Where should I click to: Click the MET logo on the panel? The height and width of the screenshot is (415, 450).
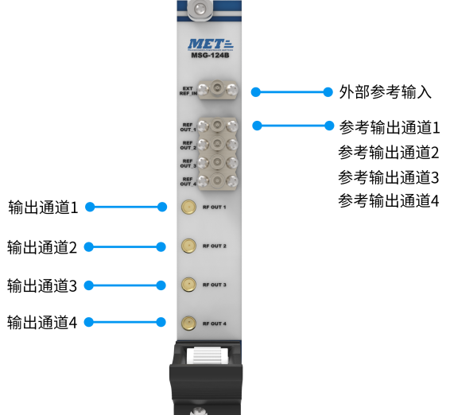click(x=211, y=45)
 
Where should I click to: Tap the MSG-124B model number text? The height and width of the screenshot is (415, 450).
click(x=210, y=55)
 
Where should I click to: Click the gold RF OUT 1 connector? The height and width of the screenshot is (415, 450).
click(x=189, y=207)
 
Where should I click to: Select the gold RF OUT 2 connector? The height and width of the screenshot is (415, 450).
click(x=189, y=246)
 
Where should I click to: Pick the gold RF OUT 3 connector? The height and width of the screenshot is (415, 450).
click(x=189, y=285)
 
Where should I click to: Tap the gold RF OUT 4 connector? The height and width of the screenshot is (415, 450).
click(x=189, y=324)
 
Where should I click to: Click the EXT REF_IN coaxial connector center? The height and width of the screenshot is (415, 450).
click(x=217, y=87)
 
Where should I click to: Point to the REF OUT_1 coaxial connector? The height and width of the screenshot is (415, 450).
click(x=217, y=125)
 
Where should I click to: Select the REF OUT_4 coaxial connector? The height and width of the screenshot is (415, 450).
click(x=217, y=180)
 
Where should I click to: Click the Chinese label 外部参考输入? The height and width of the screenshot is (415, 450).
click(x=386, y=92)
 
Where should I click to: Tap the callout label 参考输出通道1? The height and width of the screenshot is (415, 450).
click(x=390, y=127)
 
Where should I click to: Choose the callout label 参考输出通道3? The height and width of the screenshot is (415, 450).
click(x=389, y=177)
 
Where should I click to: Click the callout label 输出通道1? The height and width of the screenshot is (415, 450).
click(x=43, y=207)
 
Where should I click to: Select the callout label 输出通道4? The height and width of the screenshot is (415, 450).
click(x=42, y=322)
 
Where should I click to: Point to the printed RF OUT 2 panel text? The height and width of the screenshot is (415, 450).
click(x=215, y=246)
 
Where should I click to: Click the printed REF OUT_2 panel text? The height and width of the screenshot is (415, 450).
click(x=188, y=145)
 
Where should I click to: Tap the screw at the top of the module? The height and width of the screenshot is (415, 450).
click(x=200, y=9)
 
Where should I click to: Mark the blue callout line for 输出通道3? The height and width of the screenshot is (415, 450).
click(x=125, y=285)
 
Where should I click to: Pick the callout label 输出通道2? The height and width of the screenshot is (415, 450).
click(x=42, y=247)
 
